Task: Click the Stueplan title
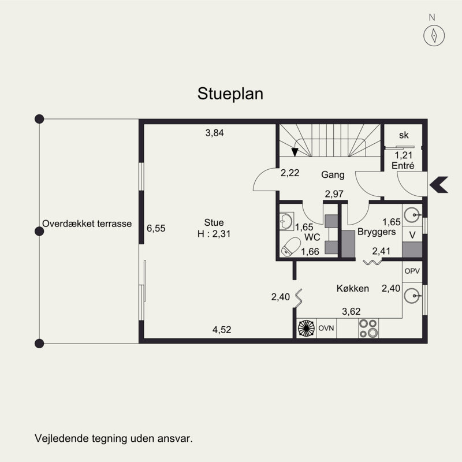click(x=230, y=94)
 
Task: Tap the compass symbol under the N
click(x=434, y=35)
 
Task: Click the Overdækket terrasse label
click(x=87, y=223)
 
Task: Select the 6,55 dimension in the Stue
click(x=156, y=228)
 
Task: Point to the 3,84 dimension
click(x=214, y=133)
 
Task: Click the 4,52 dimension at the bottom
click(x=222, y=329)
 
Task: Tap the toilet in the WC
click(x=290, y=247)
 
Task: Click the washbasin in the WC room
click(x=286, y=221)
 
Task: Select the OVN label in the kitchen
click(x=326, y=328)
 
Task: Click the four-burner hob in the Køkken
click(x=368, y=328)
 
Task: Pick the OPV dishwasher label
click(x=412, y=271)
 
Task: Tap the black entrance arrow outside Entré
click(x=439, y=185)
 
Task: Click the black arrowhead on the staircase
click(x=295, y=152)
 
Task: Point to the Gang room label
click(x=333, y=175)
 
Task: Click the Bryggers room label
click(x=377, y=232)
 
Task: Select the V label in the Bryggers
click(x=412, y=235)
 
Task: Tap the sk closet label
click(x=404, y=135)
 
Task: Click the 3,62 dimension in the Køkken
click(x=351, y=311)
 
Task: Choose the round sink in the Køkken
click(x=412, y=296)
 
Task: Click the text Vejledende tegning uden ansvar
click(x=114, y=438)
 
